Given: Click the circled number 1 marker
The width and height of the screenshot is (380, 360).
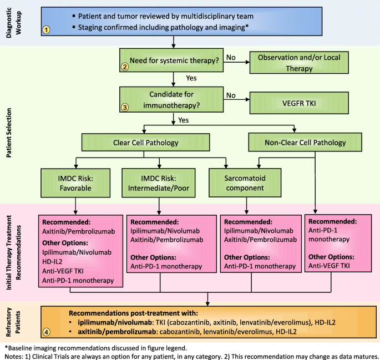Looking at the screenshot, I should point(48,30).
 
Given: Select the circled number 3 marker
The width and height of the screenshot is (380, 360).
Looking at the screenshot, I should point(125,108).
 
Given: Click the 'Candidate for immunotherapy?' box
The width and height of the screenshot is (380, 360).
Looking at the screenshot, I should point(174,99).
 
